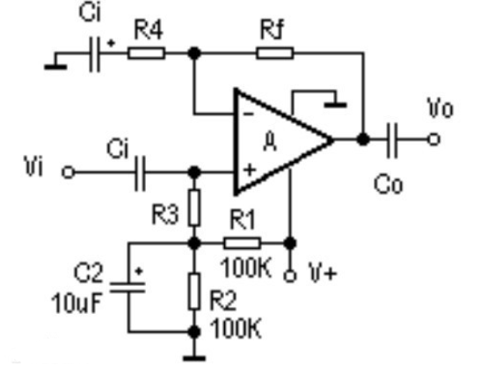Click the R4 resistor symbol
point(147,54)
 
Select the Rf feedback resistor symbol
point(275,54)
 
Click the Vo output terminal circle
point(432,138)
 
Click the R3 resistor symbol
point(195,208)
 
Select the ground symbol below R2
point(195,355)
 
